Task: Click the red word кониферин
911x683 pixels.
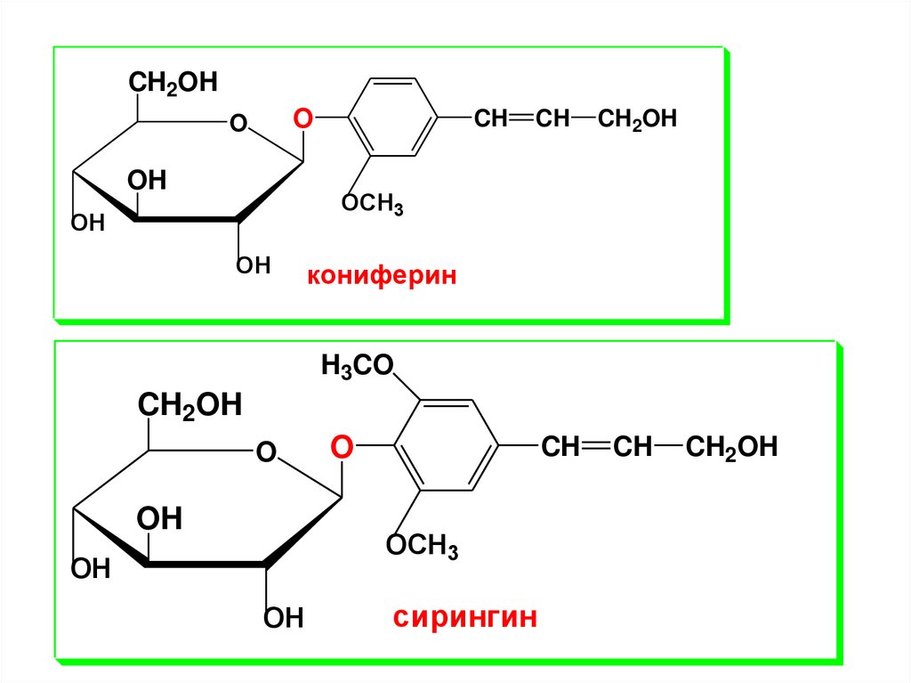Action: tap(382, 276)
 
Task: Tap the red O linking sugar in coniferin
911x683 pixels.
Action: tap(303, 118)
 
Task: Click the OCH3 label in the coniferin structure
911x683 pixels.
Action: tap(373, 204)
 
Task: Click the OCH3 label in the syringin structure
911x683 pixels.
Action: tap(422, 545)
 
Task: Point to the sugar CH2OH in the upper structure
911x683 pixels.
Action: tap(173, 83)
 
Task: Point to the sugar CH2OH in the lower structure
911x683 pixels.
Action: tap(189, 406)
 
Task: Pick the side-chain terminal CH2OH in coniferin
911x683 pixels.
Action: tap(637, 119)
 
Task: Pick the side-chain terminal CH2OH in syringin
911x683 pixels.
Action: tap(732, 447)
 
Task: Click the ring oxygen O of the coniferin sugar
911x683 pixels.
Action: tap(238, 123)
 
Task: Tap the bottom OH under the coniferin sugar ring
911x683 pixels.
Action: tap(253, 265)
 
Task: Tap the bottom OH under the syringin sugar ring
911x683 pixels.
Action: tap(284, 617)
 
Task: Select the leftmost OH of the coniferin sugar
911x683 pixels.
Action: tap(88, 223)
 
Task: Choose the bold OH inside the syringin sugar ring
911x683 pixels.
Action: tap(159, 518)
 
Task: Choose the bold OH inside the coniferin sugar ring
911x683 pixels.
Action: tap(146, 181)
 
